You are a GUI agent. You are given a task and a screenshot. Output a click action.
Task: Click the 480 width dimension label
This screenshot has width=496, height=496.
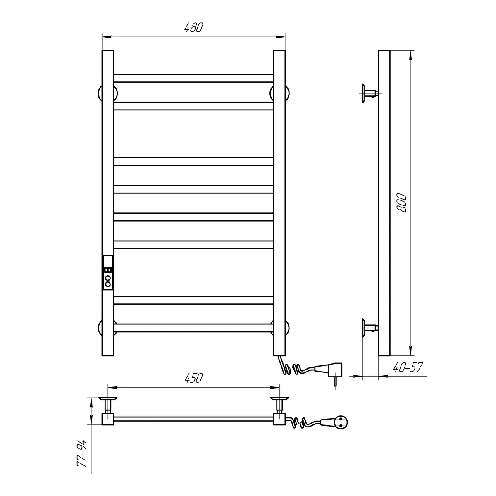point(194,28)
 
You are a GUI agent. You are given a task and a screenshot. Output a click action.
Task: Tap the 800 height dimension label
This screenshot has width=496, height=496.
point(402,203)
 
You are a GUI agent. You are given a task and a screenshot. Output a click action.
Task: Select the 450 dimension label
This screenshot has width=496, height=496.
point(194,378)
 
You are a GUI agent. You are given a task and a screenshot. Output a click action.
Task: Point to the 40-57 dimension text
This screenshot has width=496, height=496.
point(408,367)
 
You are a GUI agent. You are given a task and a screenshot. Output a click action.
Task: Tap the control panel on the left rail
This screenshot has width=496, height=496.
point(108,272)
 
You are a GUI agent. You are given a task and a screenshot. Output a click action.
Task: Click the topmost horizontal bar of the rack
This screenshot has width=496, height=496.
point(193,78)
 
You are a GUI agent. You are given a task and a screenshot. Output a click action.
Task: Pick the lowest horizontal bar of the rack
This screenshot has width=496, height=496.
point(193,328)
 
